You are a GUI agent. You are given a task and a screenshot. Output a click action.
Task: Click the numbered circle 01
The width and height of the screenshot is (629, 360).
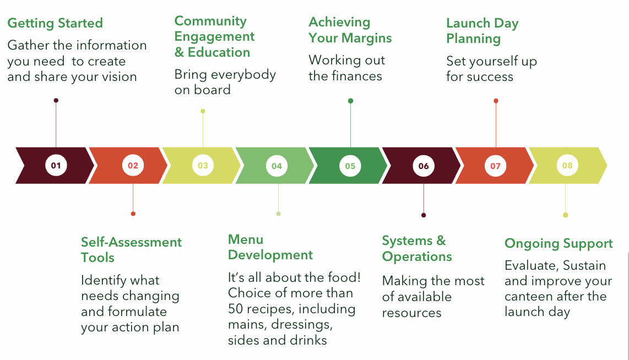56,166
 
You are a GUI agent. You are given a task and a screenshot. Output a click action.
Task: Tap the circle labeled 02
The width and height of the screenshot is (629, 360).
133,166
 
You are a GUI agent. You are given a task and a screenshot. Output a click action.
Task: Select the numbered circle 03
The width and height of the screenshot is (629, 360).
203,166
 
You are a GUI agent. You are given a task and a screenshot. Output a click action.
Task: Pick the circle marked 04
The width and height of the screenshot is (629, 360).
277,166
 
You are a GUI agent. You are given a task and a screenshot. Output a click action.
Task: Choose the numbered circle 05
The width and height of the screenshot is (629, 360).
350,166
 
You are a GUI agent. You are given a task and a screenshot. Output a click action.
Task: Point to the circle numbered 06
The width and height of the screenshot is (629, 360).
424,166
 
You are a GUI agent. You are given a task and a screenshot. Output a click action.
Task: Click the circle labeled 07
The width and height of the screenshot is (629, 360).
495,166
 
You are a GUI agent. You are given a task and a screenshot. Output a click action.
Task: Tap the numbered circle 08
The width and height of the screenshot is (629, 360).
567,166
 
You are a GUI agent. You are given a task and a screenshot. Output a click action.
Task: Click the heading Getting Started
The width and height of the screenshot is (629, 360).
56,23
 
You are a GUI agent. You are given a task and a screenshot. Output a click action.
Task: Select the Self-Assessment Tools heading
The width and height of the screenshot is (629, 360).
131,250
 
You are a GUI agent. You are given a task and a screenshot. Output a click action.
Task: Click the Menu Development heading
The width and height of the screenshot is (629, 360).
270,247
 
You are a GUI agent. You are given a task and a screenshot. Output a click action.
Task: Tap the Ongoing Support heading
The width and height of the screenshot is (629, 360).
558,244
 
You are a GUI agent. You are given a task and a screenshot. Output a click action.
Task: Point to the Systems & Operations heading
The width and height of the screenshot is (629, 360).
417,249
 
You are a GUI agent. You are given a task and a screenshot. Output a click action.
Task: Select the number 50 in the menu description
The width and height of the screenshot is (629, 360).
236,309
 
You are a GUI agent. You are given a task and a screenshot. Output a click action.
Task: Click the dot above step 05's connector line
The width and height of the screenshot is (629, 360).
351,101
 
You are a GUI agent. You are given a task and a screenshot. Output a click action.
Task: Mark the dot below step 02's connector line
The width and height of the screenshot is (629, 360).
133,214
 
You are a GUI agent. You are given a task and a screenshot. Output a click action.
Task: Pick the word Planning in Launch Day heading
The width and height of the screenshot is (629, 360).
473,39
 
